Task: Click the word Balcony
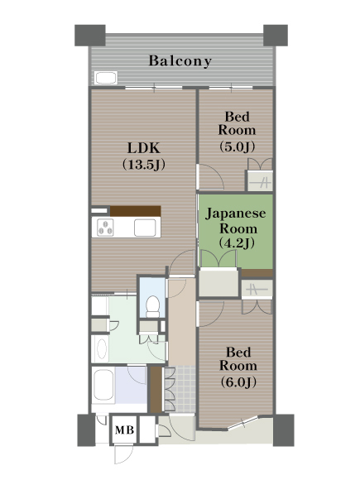[x=180, y=61]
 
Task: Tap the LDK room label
[x=143, y=148]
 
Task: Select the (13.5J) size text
[x=144, y=165]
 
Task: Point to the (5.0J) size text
[x=238, y=146]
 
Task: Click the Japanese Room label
[x=235, y=221]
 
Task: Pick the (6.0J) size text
[x=238, y=382]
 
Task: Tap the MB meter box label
[x=124, y=430]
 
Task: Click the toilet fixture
[x=152, y=306]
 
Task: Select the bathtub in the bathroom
[x=103, y=385]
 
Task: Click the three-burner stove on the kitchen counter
[x=105, y=228]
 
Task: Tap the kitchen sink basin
[x=145, y=228]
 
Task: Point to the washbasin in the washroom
[x=101, y=349]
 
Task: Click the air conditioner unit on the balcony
[x=106, y=78]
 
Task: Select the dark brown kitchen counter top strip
[x=135, y=211]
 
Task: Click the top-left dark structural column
[x=90, y=36]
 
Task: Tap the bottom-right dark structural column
[x=284, y=430]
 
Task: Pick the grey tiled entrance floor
[x=180, y=389]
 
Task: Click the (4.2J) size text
[x=237, y=243]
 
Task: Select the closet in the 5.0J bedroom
[x=260, y=181]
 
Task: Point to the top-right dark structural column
[x=276, y=36]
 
